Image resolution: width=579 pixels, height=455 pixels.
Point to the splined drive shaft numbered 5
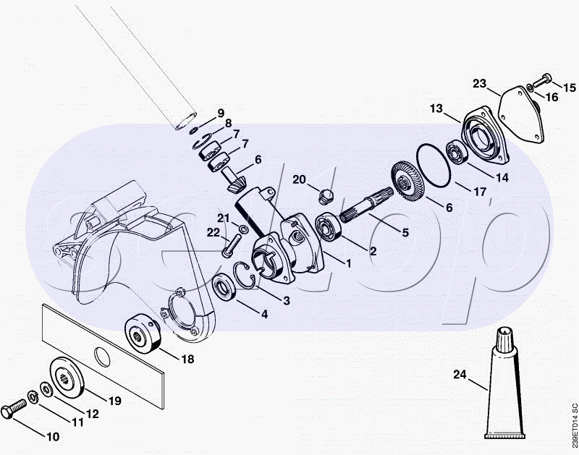click(365, 205)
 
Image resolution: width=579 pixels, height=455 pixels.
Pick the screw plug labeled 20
click(326, 196)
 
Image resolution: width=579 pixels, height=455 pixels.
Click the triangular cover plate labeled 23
click(521, 114)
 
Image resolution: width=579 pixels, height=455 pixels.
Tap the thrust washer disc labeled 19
click(67, 377)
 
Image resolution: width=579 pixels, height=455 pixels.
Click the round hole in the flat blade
click(102, 357)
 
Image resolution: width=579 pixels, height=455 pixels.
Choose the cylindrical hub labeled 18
click(143, 333)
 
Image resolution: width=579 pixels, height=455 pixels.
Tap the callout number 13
click(436, 109)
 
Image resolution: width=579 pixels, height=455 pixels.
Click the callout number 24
click(460, 374)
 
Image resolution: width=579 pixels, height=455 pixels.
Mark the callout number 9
click(221, 113)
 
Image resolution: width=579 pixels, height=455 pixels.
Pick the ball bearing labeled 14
click(457, 153)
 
